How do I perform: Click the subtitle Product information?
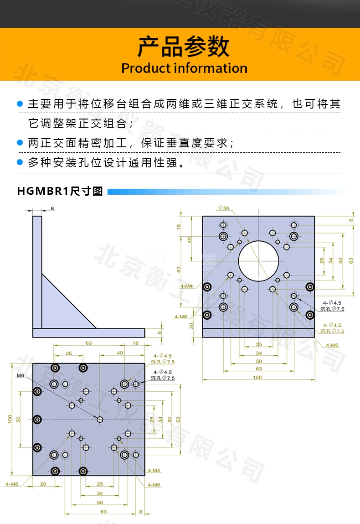[184, 68]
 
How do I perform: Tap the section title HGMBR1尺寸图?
[60, 191]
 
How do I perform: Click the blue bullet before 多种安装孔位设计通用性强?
[20, 162]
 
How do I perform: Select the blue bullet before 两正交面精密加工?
[20, 142]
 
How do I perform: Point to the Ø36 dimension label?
[224, 208]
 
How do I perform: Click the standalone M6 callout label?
[21, 376]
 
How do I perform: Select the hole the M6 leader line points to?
[100, 419]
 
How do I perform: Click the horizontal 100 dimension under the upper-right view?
[257, 377]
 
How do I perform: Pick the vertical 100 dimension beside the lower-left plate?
[10, 419]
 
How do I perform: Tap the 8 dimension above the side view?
[52, 208]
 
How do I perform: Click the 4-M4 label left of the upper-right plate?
[186, 286]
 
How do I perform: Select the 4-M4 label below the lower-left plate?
[154, 470]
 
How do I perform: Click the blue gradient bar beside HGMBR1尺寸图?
[226, 192]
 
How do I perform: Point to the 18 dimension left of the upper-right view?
[179, 226]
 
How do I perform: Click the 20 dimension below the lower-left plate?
[43, 484]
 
